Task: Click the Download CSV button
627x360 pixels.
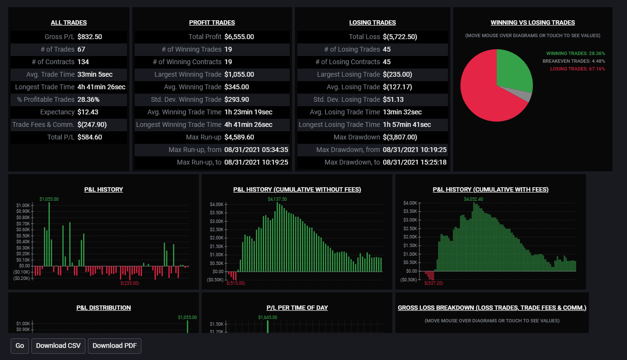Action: pos(58,346)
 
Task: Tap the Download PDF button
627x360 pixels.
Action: pos(114,346)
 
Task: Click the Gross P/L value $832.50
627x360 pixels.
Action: pos(90,37)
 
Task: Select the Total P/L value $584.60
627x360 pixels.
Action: pos(90,137)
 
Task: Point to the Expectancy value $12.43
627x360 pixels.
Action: pos(88,112)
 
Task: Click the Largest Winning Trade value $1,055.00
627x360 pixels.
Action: pos(239,74)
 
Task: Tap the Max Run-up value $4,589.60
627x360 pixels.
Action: pos(239,137)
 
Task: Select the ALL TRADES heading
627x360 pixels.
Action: pos(69,23)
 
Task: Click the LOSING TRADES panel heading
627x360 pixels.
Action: pos(372,23)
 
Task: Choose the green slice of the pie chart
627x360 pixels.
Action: pos(512,70)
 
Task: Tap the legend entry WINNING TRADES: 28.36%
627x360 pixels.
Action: pos(575,54)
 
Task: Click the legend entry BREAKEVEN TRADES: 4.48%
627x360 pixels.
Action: pos(573,61)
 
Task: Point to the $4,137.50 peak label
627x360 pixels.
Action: pos(277,199)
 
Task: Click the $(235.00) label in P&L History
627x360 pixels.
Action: pos(129,283)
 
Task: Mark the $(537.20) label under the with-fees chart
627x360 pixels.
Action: pos(433,283)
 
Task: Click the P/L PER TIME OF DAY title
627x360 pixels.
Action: pos(297,308)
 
